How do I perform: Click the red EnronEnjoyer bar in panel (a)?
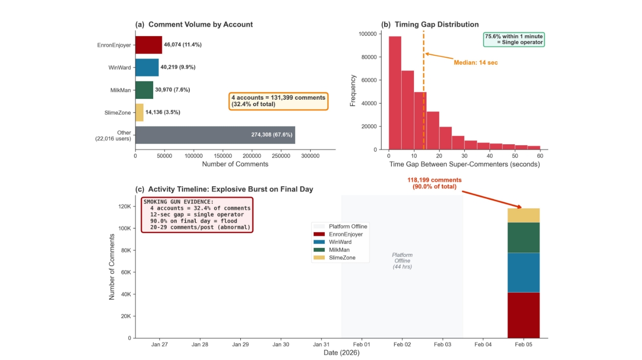(x=148, y=45)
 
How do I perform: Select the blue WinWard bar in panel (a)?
(x=147, y=67)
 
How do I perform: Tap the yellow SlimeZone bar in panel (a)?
(x=139, y=112)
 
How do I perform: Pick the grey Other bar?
(x=215, y=135)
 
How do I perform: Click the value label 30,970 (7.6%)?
(x=172, y=90)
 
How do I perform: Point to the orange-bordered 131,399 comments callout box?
(x=278, y=101)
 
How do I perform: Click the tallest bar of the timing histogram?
(x=395, y=92)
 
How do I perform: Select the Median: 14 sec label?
(x=475, y=63)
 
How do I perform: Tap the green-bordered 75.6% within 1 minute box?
(x=514, y=39)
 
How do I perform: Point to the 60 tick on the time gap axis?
(x=540, y=155)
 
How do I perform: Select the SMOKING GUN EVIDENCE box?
(x=197, y=214)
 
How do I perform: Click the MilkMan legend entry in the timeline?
(x=340, y=249)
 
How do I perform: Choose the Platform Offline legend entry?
(x=347, y=226)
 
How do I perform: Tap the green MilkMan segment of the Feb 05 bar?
(x=524, y=237)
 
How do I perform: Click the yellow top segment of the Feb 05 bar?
(x=524, y=215)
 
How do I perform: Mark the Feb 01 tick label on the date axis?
(x=362, y=344)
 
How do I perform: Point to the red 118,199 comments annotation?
(x=434, y=183)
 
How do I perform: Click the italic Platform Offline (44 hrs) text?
(x=402, y=261)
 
